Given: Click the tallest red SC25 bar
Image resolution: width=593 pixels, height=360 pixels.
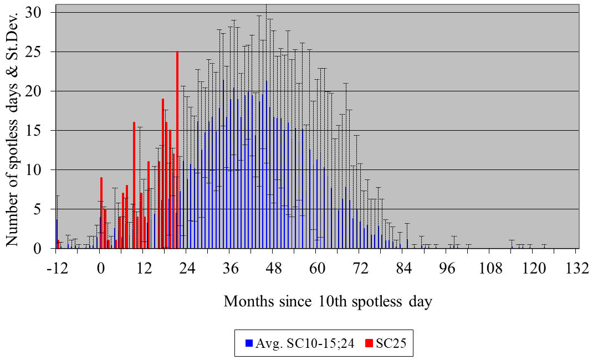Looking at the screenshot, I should pos(177,150).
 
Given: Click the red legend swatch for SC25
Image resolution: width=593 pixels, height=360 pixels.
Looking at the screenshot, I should pos(369,343).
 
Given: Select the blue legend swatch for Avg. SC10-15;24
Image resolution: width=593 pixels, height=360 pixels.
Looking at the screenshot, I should pos(248,343).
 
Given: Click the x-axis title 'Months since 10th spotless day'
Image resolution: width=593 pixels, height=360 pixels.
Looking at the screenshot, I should pos(328,302).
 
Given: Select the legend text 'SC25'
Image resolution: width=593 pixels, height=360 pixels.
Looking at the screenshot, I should pos(391,343).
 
